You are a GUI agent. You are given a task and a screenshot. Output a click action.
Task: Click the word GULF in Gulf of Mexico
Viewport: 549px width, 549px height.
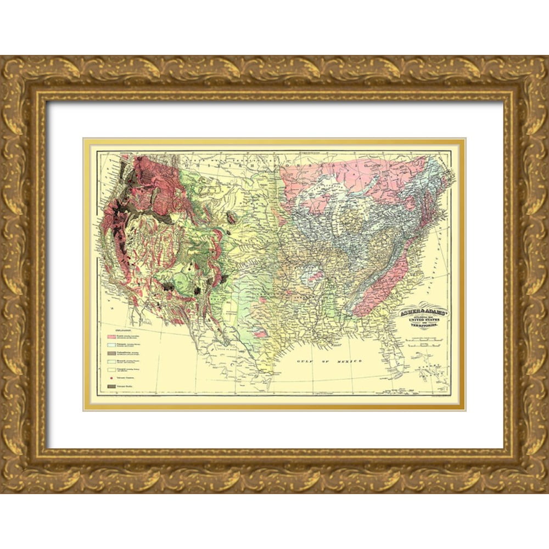coord(304,361)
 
